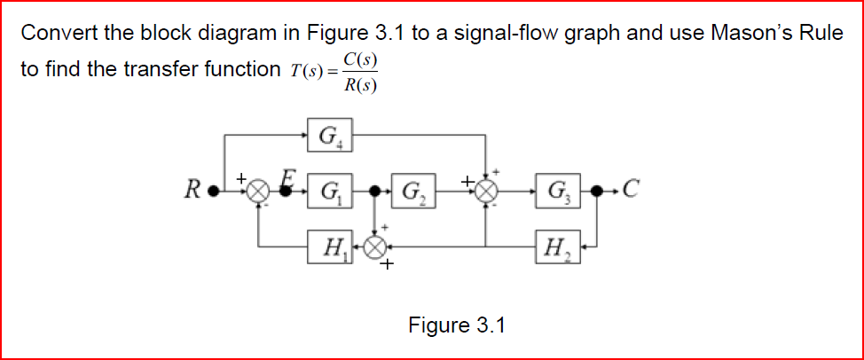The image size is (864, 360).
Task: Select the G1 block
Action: click(331, 190)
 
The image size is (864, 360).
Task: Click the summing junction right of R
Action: click(258, 191)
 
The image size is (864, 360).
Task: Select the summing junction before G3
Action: click(485, 191)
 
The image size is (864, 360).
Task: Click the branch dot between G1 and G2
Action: click(378, 191)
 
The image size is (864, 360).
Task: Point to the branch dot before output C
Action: click(599, 191)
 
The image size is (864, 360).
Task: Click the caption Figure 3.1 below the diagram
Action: click(456, 325)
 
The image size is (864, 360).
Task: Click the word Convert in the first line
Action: click(54, 35)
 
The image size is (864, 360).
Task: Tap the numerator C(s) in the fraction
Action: click(360, 59)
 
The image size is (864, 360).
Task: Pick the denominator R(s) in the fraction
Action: click(360, 86)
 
